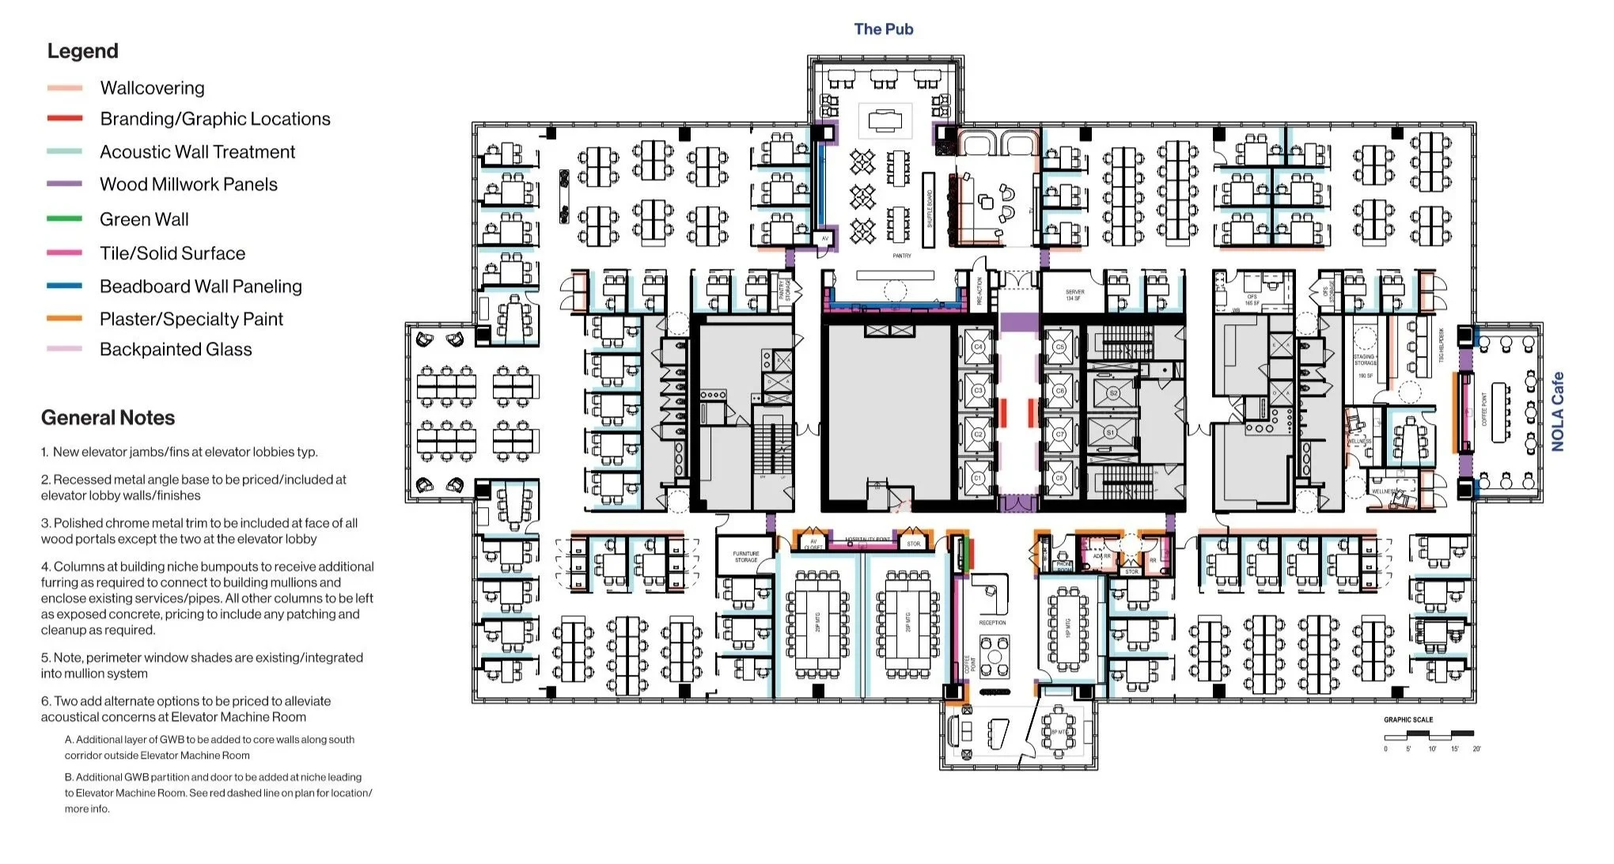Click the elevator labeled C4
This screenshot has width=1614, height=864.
click(978, 347)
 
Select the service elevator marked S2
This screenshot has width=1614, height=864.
click(1112, 393)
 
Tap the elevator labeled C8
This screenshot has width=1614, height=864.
click(1060, 478)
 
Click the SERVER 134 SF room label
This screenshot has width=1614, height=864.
click(1074, 295)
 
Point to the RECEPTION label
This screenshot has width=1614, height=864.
click(992, 623)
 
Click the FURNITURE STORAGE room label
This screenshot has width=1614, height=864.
click(745, 557)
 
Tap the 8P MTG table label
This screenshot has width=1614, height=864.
click(1058, 733)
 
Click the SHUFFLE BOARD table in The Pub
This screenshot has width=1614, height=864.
click(930, 209)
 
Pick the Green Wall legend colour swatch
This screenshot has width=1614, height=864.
click(65, 219)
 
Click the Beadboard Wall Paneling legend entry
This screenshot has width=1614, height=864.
click(200, 286)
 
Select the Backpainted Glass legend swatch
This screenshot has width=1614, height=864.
click(65, 349)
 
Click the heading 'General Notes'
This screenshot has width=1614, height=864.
click(108, 418)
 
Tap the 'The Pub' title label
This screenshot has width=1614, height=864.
click(883, 29)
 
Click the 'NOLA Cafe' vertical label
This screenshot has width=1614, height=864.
click(1557, 412)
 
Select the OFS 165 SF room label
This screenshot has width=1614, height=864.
click(1252, 300)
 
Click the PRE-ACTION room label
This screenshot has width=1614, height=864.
click(979, 292)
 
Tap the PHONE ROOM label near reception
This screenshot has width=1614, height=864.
click(1064, 567)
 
